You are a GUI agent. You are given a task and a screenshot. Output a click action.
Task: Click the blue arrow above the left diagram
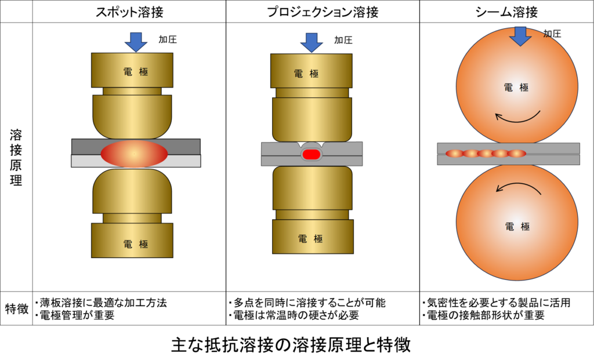(x=136, y=41)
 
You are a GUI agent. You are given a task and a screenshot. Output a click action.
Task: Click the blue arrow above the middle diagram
(x=312, y=42)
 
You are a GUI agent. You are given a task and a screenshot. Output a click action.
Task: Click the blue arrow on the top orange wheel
(x=520, y=35)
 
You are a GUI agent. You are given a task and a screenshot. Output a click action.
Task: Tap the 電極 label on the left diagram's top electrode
(x=136, y=72)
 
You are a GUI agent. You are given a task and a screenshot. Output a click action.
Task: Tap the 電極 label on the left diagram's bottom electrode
(x=136, y=244)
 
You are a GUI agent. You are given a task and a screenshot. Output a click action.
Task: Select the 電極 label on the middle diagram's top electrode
(x=306, y=74)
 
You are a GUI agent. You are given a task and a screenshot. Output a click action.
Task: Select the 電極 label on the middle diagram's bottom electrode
(x=310, y=238)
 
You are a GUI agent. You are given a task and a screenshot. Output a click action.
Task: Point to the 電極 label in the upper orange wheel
(x=516, y=88)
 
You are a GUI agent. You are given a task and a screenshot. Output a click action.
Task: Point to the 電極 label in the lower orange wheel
(x=517, y=227)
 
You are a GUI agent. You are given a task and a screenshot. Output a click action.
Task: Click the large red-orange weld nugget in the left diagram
(x=134, y=154)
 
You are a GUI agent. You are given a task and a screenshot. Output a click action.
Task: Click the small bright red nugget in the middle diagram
(x=312, y=154)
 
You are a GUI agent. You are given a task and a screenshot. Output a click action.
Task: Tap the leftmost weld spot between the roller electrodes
(x=455, y=154)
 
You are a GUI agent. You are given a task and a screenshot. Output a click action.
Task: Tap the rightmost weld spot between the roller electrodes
(x=517, y=154)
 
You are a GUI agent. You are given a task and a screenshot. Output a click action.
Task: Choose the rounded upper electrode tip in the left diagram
(x=132, y=116)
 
